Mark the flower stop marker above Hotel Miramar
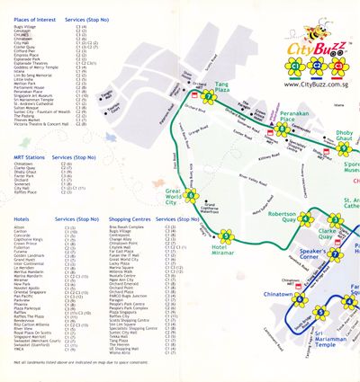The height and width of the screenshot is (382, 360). (x=226, y=236)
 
